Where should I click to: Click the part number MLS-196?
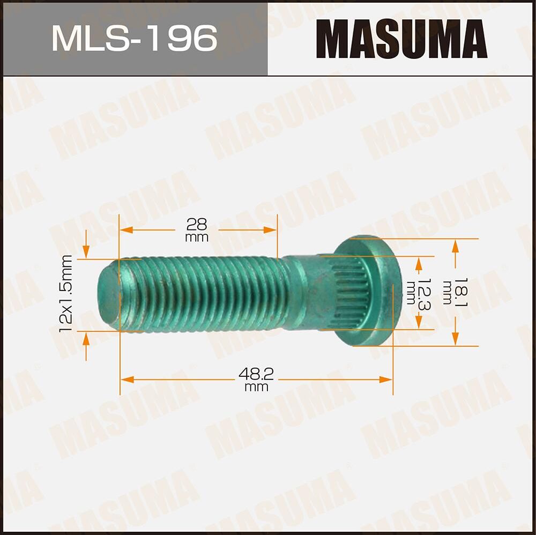coord(134,39)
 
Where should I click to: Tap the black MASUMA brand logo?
coord(401,39)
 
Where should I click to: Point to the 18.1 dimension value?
coord(446,292)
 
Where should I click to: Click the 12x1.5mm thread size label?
coord(67,294)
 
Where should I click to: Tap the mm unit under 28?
coord(197,237)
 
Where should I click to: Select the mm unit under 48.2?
coord(256,387)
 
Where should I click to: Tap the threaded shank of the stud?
coord(204,294)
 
